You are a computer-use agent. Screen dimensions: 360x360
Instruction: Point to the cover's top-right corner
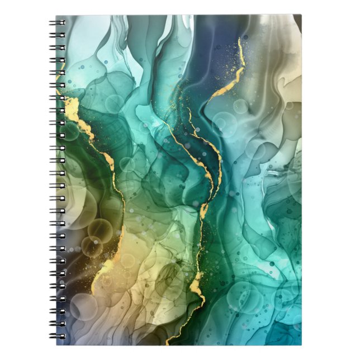click(x=301, y=15)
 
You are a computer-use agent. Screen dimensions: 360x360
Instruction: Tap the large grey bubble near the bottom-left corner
click(x=83, y=306)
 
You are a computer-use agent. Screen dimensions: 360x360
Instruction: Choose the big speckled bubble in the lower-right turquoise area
click(x=246, y=296)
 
